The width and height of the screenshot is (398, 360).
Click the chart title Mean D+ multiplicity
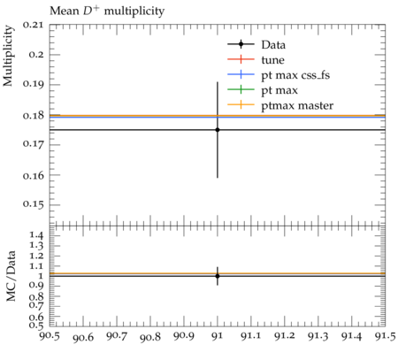[107, 11]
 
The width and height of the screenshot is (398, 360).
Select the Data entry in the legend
[273, 45]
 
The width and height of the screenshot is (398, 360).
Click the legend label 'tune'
[272, 60]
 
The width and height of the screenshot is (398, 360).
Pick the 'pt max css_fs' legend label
[295, 75]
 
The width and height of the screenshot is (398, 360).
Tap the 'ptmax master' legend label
[297, 105]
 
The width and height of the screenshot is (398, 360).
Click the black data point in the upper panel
[218, 130]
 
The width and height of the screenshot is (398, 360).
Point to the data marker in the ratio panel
[218, 276]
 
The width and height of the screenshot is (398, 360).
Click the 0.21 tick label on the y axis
[33, 25]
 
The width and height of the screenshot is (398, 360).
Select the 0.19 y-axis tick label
[33, 85]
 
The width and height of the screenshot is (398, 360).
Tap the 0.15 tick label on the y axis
[33, 205]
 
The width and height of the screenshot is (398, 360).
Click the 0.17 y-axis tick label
[33, 145]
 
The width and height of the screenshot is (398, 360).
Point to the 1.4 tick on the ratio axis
[36, 235]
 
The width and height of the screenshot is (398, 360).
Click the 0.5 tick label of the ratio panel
[36, 325]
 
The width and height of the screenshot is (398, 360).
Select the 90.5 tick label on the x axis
[50, 336]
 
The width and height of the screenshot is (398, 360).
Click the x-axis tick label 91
[218, 336]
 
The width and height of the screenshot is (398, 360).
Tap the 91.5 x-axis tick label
[385, 336]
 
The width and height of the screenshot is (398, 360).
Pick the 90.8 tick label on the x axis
[150, 337]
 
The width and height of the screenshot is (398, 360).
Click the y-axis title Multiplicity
[8, 56]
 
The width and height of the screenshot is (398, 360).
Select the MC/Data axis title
[11, 276]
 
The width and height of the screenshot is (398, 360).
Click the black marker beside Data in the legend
[241, 44]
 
